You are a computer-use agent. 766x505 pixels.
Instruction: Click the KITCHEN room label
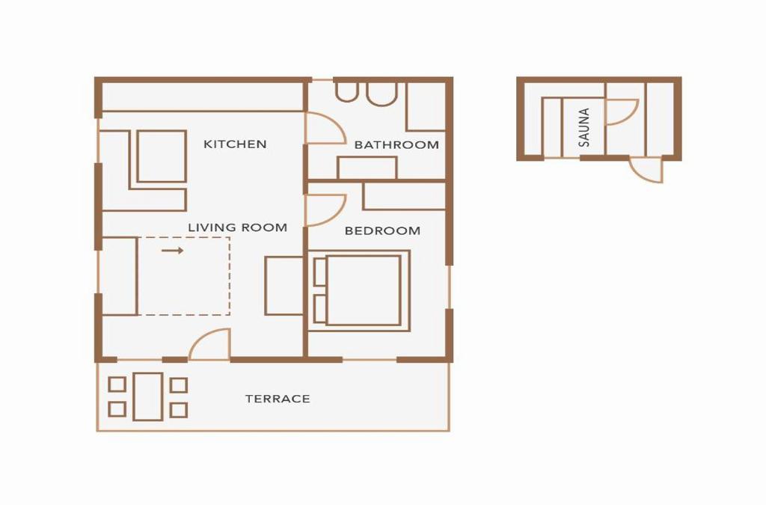coord(235,144)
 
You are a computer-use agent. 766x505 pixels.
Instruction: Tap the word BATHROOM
coord(396,144)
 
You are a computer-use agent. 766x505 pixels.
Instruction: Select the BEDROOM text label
coord(382,230)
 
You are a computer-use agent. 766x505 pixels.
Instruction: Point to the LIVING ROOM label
coord(237,227)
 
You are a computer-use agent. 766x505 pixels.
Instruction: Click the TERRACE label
coord(278,399)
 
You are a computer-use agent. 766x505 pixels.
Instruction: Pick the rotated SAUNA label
coord(583,127)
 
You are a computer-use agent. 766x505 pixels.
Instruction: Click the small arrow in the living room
coord(173,251)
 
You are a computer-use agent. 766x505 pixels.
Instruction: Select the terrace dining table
coord(147,397)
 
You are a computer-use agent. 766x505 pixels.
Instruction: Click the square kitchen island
coord(162,156)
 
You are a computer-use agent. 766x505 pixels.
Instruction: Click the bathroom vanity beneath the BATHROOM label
coord(367,168)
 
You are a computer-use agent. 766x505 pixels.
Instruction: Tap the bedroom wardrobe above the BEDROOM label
coord(404,196)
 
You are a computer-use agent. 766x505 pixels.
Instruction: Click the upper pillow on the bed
coord(320,272)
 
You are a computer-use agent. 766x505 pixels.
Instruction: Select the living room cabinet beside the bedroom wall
coord(284,286)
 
